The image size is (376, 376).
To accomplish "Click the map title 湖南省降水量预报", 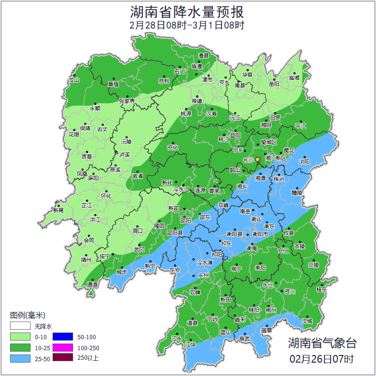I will pyautogui.click(x=187, y=11).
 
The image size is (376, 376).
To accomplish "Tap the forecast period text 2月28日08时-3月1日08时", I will pyautogui.click(x=187, y=25).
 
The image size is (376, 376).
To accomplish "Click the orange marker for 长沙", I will pyautogui.click(x=258, y=159).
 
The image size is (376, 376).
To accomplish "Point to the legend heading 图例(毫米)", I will pyautogui.click(x=27, y=315).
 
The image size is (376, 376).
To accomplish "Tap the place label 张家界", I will pyautogui.click(x=127, y=101).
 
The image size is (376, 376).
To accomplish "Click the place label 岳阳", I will pyautogui.click(x=274, y=84).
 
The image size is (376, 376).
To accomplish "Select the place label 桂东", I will pyautogui.click(x=322, y=290).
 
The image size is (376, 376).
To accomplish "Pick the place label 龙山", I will pyautogui.click(x=74, y=80).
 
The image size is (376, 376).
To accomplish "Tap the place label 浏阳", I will pyautogui.click(x=304, y=161).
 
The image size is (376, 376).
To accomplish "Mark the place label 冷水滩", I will pyautogui.click(x=204, y=262).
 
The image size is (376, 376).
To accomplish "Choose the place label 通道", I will pyautogui.click(x=92, y=284).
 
